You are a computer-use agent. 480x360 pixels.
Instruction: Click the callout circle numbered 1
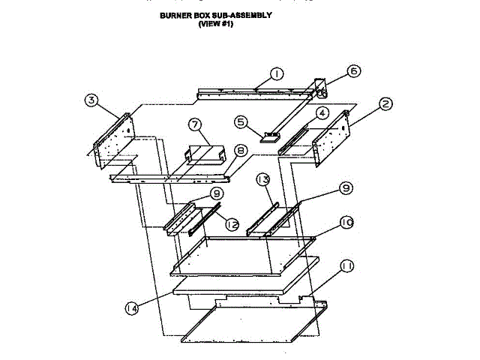pyautogui.click(x=276, y=73)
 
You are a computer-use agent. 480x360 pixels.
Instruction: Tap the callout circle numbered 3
pyautogui.click(x=91, y=100)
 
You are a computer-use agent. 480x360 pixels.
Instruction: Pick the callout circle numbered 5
pyautogui.click(x=241, y=121)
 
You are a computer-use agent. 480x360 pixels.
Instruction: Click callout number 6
pyautogui.click(x=353, y=71)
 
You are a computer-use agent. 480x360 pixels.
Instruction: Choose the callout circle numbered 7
pyautogui.click(x=193, y=124)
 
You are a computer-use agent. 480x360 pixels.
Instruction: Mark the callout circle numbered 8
pyautogui.click(x=240, y=151)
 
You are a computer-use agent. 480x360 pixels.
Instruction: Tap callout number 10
pyautogui.click(x=346, y=223)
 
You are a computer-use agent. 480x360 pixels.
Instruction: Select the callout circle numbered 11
pyautogui.click(x=346, y=266)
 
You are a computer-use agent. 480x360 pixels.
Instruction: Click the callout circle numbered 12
pyautogui.click(x=232, y=223)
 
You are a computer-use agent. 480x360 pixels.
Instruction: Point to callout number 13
pyautogui.click(x=262, y=180)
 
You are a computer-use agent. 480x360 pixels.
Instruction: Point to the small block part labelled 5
pyautogui.click(x=269, y=136)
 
